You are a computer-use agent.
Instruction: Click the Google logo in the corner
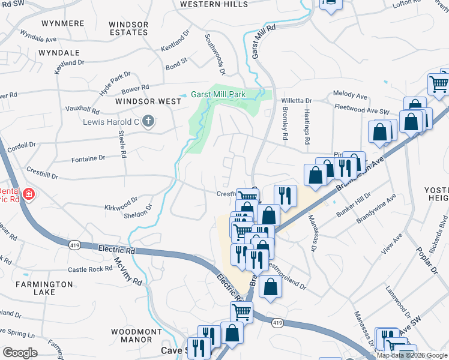20,353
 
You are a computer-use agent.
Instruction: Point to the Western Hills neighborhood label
214,4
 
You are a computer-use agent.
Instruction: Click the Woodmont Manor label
136,335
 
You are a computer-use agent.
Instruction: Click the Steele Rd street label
122,144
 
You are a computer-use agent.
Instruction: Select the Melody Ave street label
350,95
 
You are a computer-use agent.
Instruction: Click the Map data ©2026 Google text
412,355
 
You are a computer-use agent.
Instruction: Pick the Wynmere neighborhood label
62,23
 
